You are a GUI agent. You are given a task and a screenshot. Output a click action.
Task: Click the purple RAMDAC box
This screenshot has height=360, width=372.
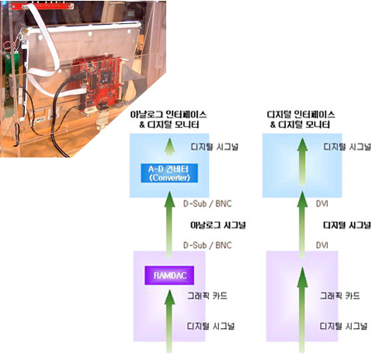coord(169,275)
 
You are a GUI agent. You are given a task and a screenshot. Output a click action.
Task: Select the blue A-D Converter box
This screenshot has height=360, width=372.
coord(169,173)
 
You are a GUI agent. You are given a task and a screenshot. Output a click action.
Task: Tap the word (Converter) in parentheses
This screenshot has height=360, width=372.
coord(169,178)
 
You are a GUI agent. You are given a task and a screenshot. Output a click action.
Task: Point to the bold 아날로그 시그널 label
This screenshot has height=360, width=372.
coord(217,225)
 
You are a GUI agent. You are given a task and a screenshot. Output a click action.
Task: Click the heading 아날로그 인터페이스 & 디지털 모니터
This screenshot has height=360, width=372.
coord(169,119)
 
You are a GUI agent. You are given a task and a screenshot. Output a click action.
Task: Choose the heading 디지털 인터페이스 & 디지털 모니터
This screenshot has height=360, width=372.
coord(301,119)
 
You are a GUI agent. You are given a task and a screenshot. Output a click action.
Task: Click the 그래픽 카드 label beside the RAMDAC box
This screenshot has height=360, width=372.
coord(207,296)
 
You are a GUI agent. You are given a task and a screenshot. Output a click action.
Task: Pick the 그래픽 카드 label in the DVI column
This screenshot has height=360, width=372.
coord(339,296)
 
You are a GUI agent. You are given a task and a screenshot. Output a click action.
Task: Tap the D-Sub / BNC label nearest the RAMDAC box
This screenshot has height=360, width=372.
coord(207,245)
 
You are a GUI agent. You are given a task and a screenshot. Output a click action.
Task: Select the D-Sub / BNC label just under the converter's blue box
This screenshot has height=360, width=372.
coord(207,203)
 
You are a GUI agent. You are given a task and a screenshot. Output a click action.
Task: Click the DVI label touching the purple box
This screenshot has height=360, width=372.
coord(322,245)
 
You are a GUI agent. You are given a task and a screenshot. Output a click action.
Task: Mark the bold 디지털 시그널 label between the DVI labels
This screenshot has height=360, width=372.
coord(347,225)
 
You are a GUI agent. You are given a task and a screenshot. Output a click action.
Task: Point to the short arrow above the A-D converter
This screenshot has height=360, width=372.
coord(169,147)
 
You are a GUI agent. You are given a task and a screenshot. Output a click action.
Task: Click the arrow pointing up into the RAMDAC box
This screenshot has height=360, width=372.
coord(169,321)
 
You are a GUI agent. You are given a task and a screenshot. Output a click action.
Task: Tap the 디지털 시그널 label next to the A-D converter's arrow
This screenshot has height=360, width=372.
coord(214,147)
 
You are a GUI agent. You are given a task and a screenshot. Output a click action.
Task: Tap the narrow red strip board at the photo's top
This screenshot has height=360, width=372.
coord(43,6)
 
